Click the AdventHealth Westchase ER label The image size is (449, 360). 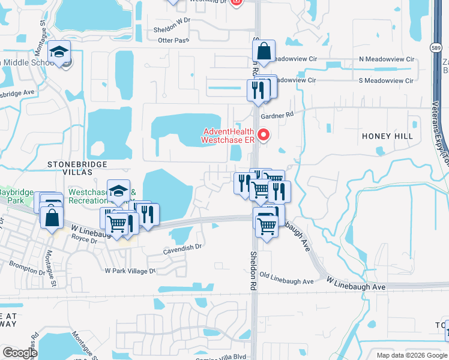(x=228, y=136)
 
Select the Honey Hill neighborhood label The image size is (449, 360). (x=387, y=136)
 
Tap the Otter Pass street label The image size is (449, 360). (x=173, y=40)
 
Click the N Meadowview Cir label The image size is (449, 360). (x=386, y=59)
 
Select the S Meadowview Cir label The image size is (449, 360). (x=386, y=80)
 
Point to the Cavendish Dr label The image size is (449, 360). (x=182, y=247)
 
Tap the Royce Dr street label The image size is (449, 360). (x=84, y=240)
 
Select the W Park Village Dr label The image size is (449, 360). (x=130, y=271)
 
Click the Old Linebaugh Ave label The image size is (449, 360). (x=287, y=281)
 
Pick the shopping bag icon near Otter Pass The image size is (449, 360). (x=264, y=52)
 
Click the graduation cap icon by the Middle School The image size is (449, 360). (x=59, y=52)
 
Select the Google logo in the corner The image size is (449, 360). (x=20, y=353)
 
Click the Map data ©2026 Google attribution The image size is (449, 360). (x=412, y=355)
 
